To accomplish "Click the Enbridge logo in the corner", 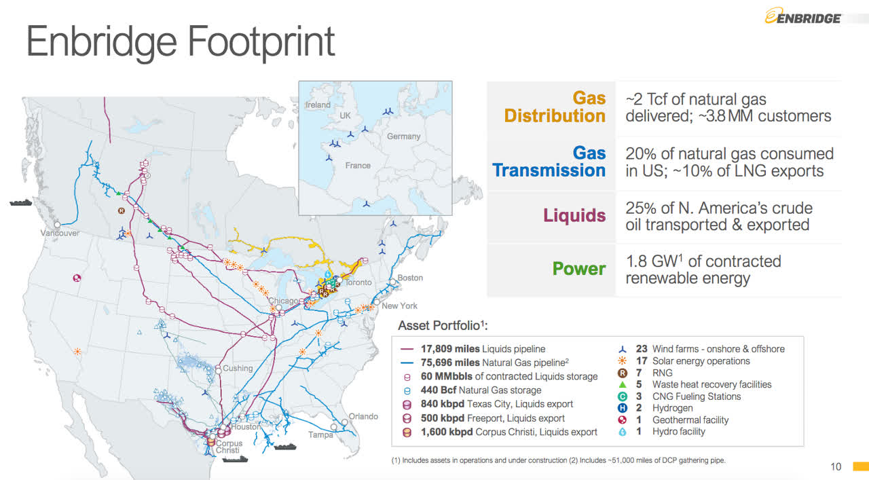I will coord(803,16).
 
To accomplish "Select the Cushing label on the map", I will coord(238,369).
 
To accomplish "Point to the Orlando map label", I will coord(363,416).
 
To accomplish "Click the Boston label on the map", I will coord(410,278).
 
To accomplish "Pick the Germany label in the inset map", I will coord(403,136).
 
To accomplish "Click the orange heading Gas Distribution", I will coord(555,107).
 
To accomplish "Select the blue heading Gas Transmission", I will coord(549,162).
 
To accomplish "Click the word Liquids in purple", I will coord(574,216).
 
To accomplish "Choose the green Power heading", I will coord(578,269).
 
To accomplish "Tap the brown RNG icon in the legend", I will coord(622,373).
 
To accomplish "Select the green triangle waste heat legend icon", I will coord(622,385).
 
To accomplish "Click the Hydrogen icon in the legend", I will coord(622,408).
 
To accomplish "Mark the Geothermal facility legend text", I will coord(690,420).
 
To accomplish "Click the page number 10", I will coord(836,466).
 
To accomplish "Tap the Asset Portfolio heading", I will coord(443,325).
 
